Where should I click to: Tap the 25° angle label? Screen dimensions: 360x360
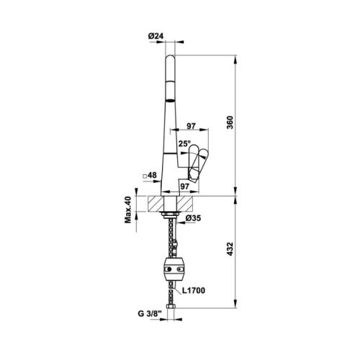[x=184, y=145]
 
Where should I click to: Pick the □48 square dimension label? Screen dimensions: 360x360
[x=150, y=175]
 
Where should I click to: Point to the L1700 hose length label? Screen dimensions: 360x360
[x=194, y=292]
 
